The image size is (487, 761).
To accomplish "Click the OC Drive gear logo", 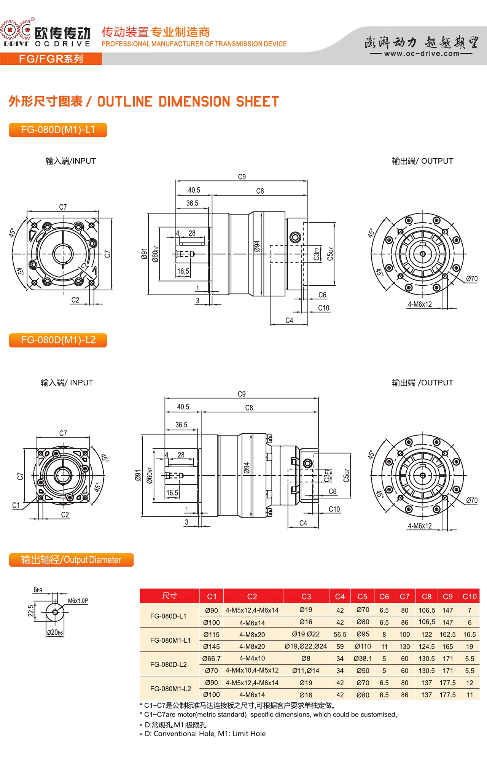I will click(x=16, y=30).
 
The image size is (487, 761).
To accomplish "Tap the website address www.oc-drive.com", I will click(x=422, y=54).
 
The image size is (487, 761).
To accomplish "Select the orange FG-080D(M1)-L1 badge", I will click(x=58, y=130).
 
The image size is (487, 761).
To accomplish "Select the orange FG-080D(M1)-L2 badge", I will click(x=58, y=340).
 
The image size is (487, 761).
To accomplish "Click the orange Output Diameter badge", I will click(x=71, y=560).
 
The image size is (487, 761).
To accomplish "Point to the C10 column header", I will click(x=469, y=597).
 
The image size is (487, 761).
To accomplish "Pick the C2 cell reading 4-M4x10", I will click(x=252, y=658).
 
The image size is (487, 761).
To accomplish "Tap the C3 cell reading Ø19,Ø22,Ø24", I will click(x=306, y=646).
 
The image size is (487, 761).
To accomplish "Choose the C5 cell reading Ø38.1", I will click(x=363, y=658).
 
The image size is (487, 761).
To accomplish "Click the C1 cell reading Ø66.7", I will click(x=212, y=658).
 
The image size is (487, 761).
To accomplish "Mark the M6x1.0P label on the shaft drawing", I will click(x=78, y=601).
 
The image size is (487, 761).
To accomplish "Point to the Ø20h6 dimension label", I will click(x=55, y=632).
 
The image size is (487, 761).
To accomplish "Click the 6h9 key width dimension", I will click(x=38, y=590).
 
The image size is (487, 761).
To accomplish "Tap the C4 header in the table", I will click(x=340, y=597).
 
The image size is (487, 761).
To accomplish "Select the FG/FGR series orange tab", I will click(x=51, y=59).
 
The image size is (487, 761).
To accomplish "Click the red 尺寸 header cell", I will click(x=170, y=596).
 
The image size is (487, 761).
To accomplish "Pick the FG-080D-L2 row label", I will click(x=169, y=664).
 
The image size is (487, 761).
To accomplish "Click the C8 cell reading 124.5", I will click(x=427, y=646).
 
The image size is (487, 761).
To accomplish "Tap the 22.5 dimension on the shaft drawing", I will click(x=31, y=611).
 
